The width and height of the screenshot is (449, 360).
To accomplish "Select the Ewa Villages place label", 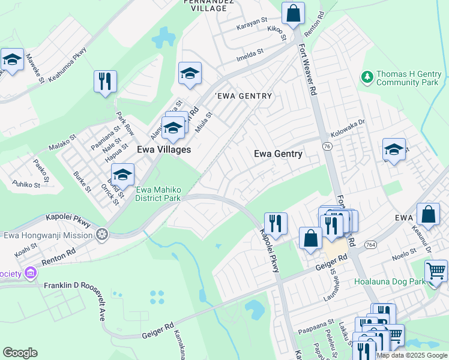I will click(164, 149).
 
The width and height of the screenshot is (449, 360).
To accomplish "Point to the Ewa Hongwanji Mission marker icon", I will click(103, 234).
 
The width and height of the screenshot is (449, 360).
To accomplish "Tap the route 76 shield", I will click(327, 146).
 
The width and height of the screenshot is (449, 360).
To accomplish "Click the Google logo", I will click(20, 353).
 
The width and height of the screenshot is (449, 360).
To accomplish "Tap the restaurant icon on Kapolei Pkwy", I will click(276, 223).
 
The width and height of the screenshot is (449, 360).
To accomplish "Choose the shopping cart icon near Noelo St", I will click(436, 271).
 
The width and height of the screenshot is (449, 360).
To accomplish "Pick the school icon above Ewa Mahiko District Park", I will click(122, 175).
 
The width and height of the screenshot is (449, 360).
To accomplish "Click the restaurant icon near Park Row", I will click(105, 81).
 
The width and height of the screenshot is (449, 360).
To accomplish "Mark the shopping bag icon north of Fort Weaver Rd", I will click(293, 13).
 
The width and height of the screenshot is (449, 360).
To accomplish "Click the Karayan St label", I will click(252, 21).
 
